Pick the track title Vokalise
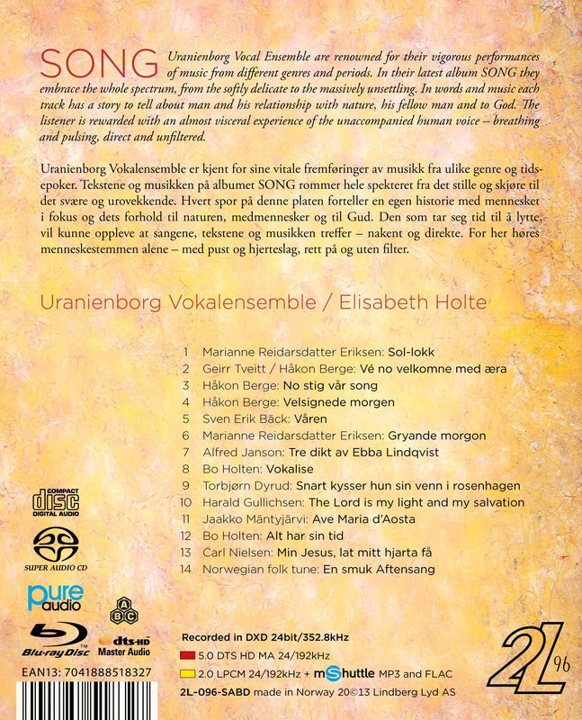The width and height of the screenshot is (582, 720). pyautogui.click(x=290, y=469)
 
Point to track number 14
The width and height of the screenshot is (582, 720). pyautogui.click(x=186, y=570)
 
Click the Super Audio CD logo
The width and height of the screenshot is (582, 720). pyautogui.click(x=55, y=547)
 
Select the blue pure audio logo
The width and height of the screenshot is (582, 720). pyautogui.click(x=56, y=597)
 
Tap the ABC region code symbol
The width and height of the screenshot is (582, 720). pyautogui.click(x=121, y=613)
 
